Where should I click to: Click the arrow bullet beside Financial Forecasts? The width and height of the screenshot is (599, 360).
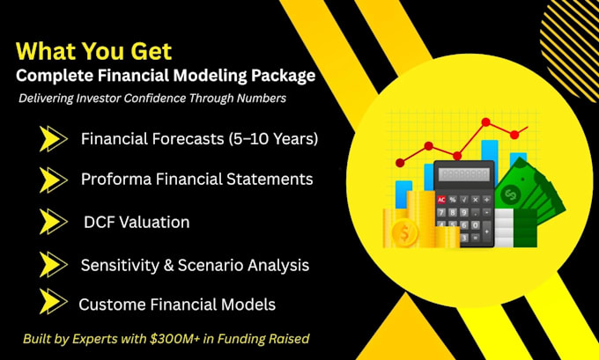[x=53, y=139]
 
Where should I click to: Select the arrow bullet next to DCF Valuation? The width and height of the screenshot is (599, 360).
[x=53, y=222]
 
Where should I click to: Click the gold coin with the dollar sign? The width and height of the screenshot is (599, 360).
[x=405, y=232]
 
